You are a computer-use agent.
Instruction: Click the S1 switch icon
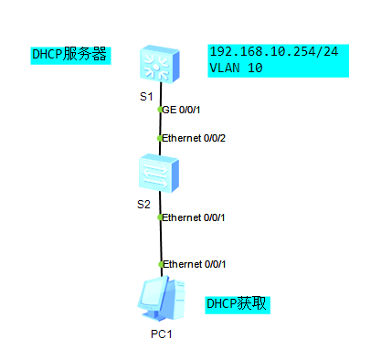tap(160, 62)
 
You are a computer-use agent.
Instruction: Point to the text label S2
tap(143, 203)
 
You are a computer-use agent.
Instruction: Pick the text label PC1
tap(162, 334)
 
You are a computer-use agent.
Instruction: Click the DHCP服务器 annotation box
tap(70, 55)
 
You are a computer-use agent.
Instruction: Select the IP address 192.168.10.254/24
tap(273, 52)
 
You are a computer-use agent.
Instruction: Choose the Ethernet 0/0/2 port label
tap(193, 138)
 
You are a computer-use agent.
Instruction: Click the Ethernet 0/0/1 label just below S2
tap(193, 217)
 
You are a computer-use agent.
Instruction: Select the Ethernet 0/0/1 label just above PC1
tap(194, 264)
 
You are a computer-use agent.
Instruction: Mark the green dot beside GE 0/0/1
tap(160, 110)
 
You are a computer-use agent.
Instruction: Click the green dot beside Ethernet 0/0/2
tap(160, 139)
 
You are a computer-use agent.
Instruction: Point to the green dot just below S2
tap(160, 217)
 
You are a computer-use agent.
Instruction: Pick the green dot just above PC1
tap(161, 264)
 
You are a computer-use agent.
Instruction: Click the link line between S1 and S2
tap(160, 124)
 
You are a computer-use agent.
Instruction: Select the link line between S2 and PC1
tap(161, 241)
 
